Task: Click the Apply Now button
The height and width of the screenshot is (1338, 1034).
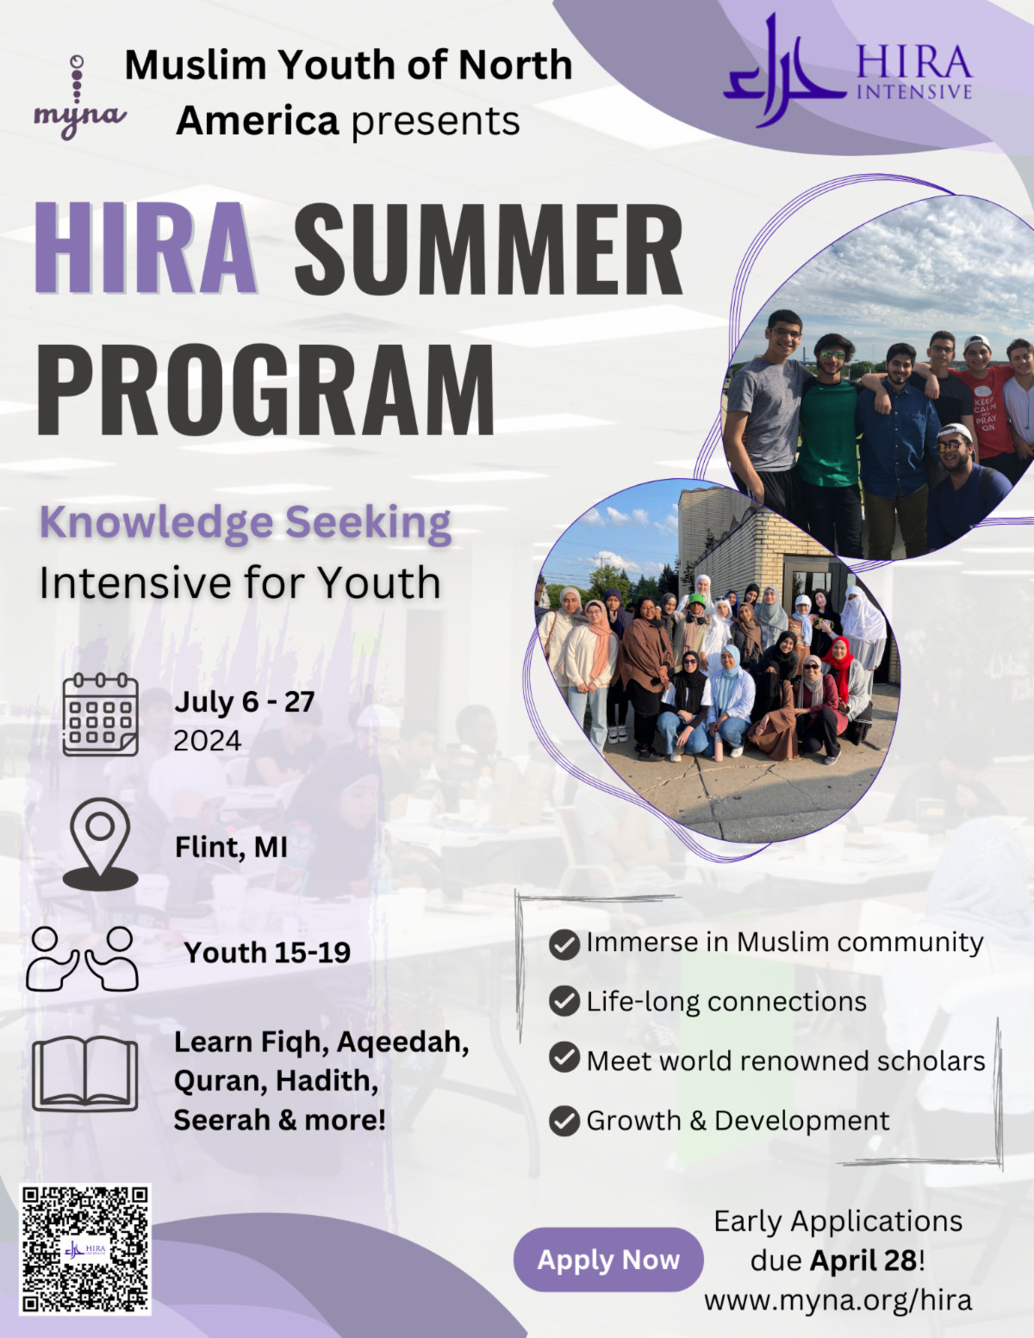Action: (x=607, y=1260)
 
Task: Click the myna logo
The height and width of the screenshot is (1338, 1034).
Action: (x=78, y=96)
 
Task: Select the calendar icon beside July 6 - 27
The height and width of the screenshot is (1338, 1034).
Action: (x=100, y=715)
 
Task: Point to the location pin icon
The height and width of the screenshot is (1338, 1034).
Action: (x=100, y=844)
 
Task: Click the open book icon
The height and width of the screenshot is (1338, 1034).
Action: (x=85, y=1074)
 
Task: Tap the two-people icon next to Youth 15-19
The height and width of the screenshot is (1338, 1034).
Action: (x=82, y=959)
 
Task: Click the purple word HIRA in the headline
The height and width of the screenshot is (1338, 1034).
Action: (x=146, y=247)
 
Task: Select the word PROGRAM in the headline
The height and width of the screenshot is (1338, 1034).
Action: (x=265, y=389)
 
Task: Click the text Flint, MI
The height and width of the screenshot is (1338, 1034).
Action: (x=231, y=847)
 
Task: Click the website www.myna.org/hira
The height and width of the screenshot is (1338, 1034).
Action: (x=838, y=1300)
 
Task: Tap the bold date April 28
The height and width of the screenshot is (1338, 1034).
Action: (x=863, y=1260)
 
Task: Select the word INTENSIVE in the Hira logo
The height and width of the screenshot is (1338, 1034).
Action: (x=914, y=91)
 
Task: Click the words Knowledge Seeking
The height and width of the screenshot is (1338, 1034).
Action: (x=245, y=523)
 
